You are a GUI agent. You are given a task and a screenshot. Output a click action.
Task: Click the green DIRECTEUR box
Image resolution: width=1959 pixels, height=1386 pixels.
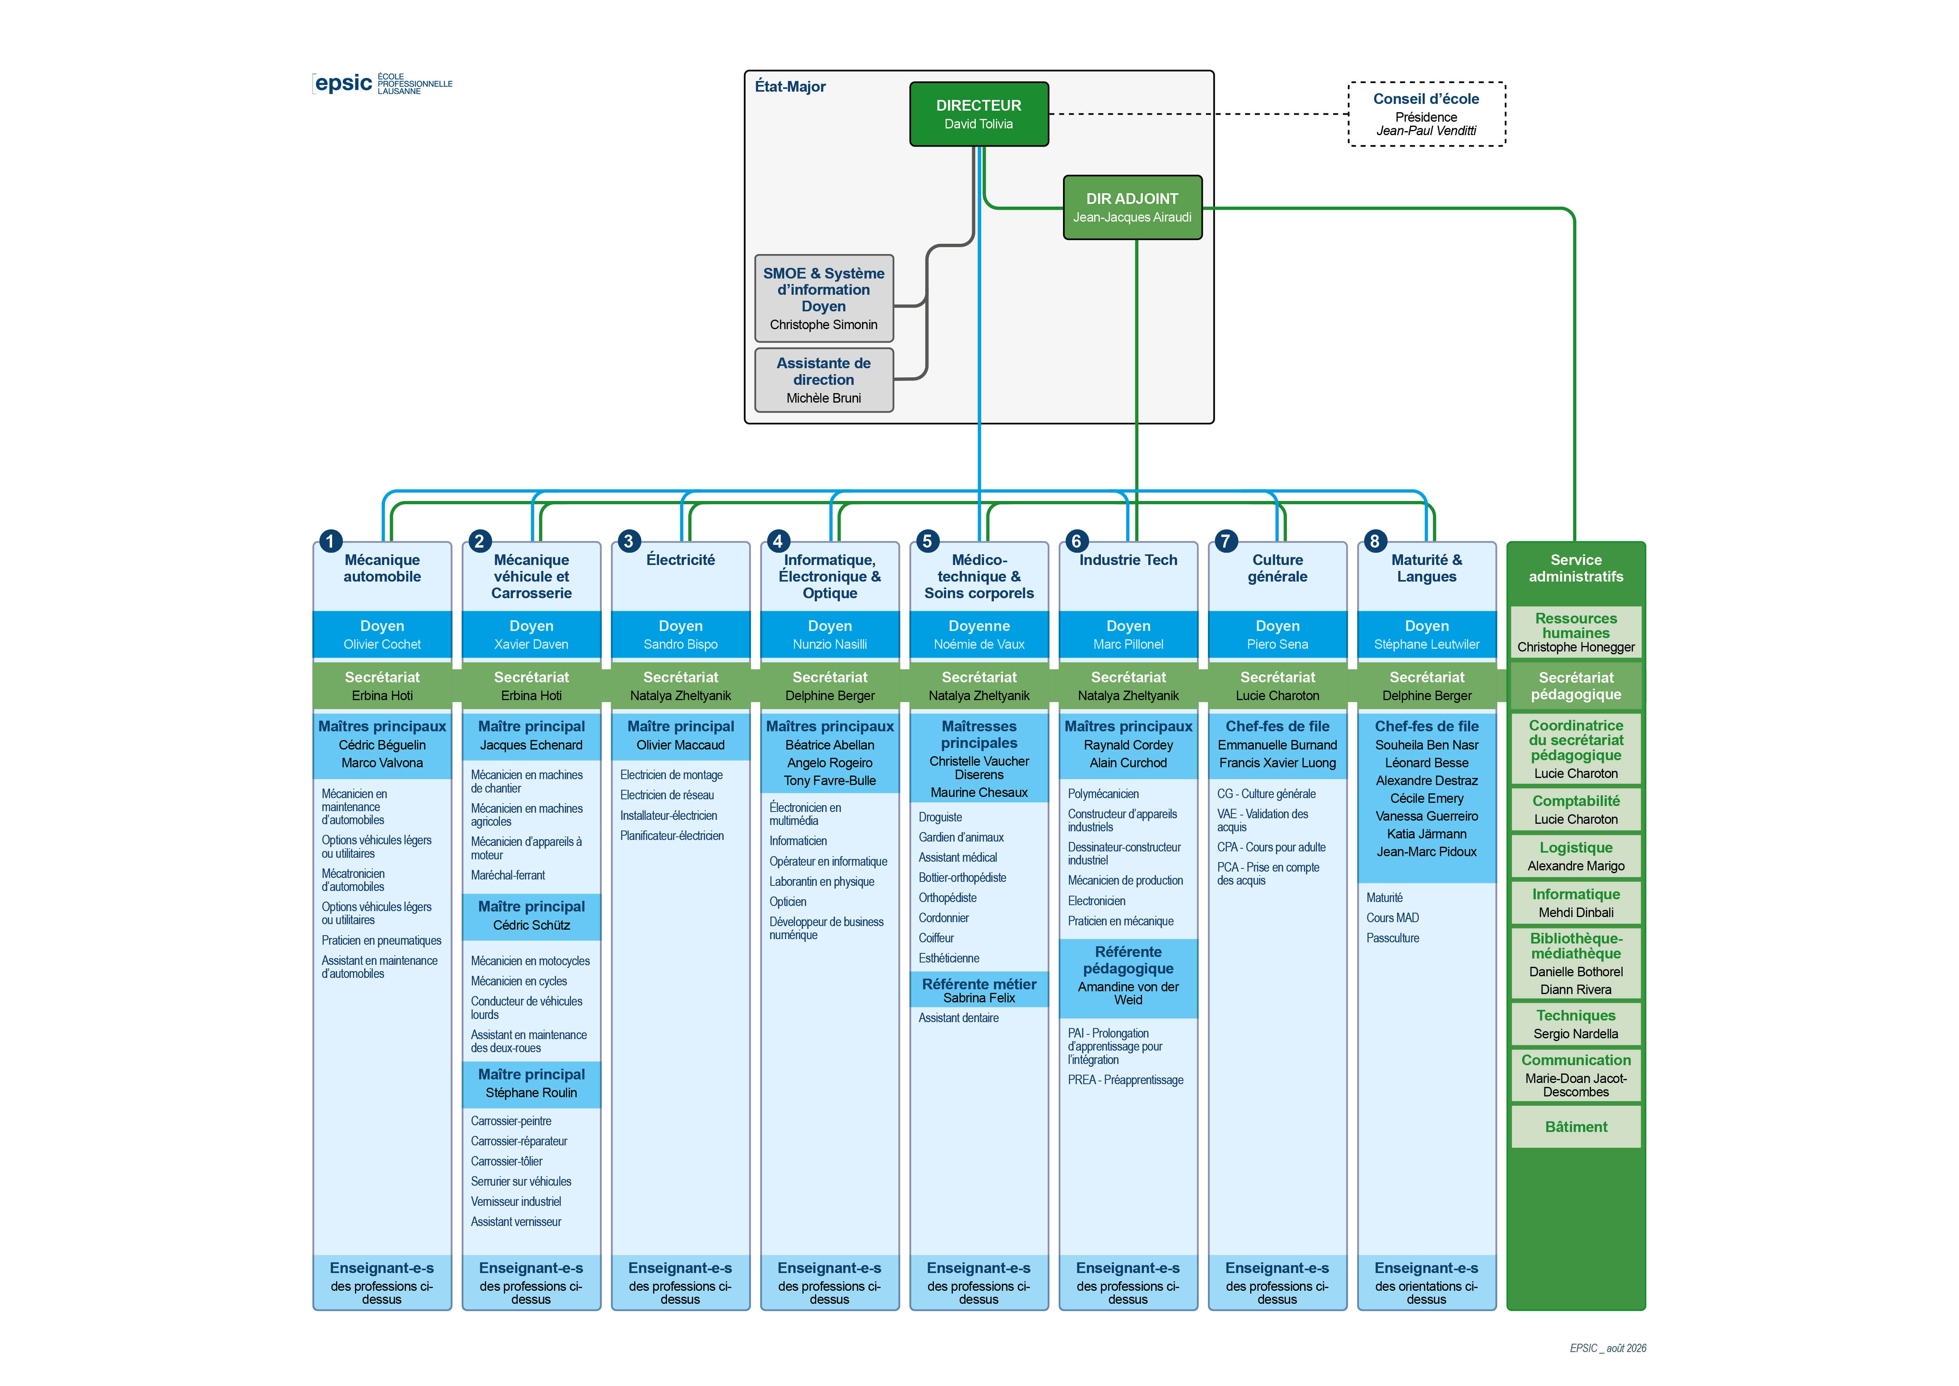(979, 113)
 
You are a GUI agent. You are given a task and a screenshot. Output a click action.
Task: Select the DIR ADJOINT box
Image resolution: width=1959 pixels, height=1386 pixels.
(1132, 207)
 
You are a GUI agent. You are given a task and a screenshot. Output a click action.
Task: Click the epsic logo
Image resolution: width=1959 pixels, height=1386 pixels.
(382, 83)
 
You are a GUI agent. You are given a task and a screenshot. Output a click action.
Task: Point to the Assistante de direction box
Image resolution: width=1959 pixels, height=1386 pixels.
(823, 380)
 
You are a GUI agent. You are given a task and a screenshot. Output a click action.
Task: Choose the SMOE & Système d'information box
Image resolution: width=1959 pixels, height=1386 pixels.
(823, 298)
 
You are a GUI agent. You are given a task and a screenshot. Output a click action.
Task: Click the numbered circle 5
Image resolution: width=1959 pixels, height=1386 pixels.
(927, 541)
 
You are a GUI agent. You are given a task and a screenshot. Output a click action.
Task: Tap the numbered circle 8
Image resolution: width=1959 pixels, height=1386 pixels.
(1374, 541)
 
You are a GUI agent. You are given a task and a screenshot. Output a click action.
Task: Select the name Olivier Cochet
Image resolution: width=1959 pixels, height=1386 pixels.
(382, 644)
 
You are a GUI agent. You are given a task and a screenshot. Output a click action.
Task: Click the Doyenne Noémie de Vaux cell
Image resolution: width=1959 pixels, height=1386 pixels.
(979, 634)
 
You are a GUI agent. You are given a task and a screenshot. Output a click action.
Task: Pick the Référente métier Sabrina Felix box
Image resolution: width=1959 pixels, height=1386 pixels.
(979, 990)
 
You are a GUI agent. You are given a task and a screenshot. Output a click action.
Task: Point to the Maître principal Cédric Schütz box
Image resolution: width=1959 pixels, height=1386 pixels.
(531, 916)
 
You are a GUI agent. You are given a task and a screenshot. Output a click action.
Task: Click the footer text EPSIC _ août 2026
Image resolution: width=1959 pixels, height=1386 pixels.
(1608, 1348)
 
